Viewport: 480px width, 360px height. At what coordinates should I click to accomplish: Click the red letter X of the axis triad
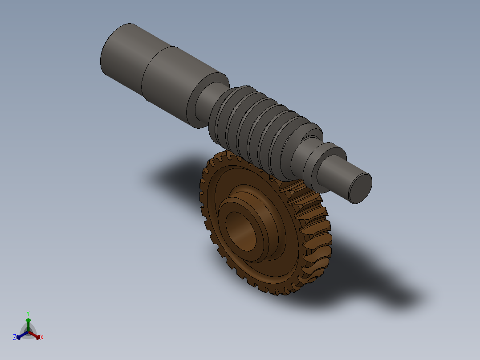click(x=41, y=337)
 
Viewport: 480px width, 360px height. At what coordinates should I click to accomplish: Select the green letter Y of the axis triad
click(x=28, y=313)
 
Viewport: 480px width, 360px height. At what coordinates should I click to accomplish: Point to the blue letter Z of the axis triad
click(x=15, y=337)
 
